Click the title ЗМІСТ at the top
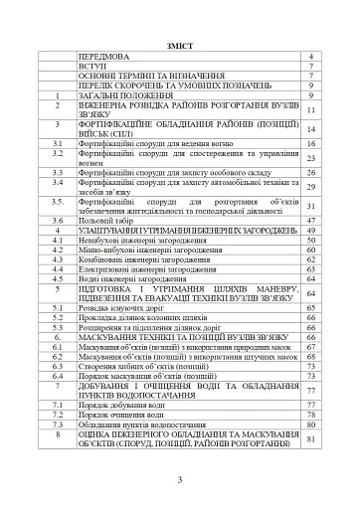(180, 46)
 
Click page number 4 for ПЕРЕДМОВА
(310, 58)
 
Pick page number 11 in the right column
(310, 110)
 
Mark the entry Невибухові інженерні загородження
(145, 240)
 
